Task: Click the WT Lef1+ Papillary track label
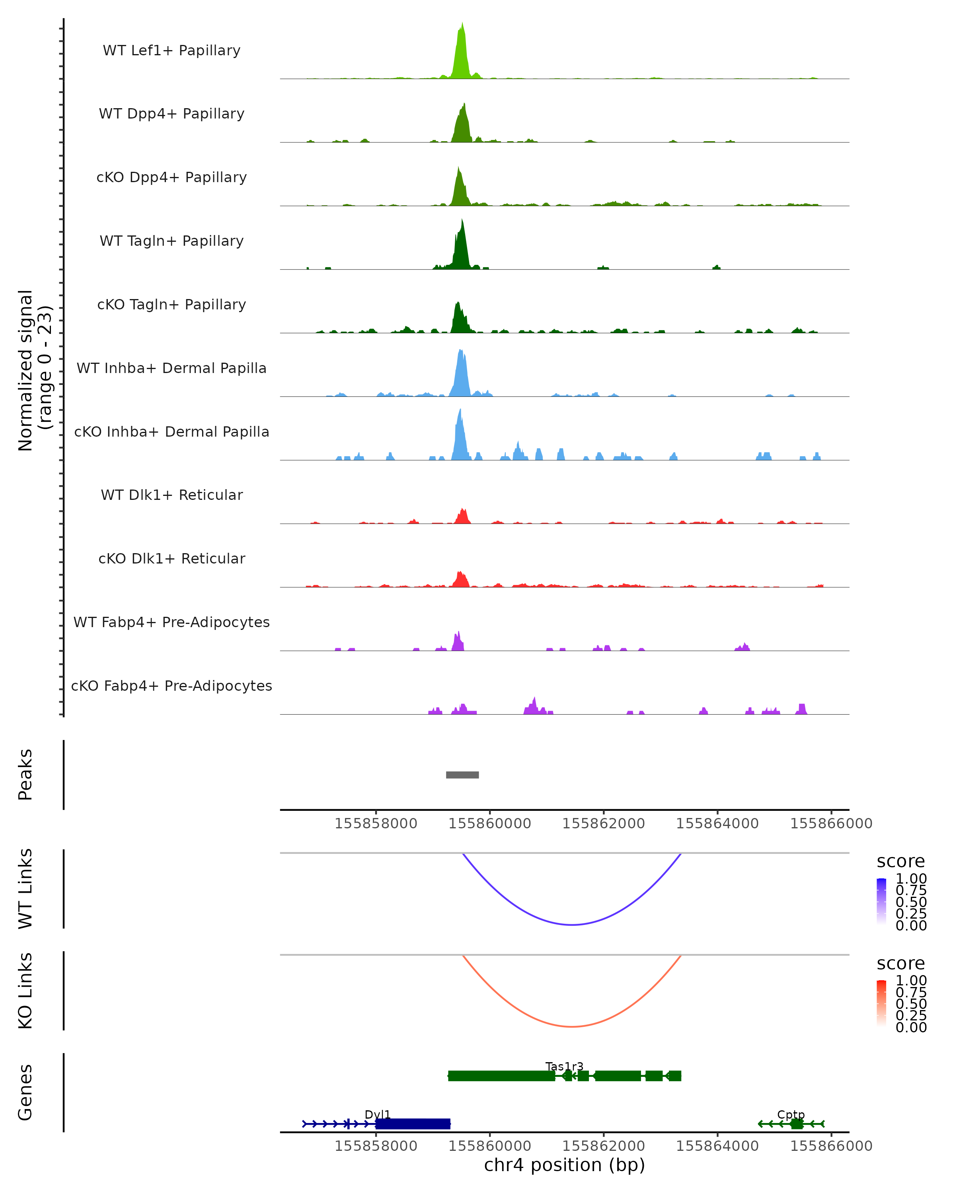172,51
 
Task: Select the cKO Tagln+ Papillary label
172,305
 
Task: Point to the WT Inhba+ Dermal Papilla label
172,369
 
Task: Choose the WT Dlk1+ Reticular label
172,495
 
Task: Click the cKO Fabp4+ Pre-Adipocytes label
172,686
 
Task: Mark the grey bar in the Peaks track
462,775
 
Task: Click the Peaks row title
25,775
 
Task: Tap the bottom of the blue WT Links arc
572,924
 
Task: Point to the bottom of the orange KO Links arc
572,1026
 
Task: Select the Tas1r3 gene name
564,1066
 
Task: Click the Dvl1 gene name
378,1114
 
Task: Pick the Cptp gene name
791,1114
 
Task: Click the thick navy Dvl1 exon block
413,1124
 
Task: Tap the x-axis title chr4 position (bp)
564,1165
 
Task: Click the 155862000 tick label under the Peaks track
604,824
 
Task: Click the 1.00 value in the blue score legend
911,879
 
